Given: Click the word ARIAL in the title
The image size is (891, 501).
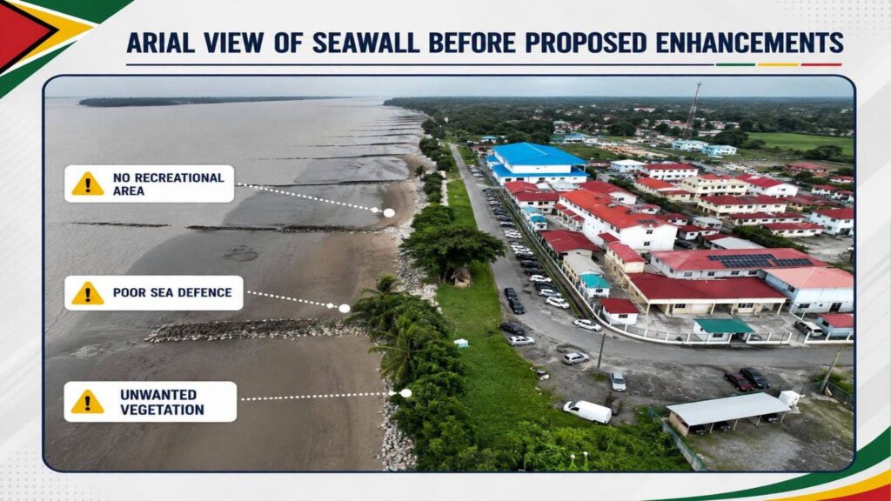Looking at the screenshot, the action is click(x=159, y=43).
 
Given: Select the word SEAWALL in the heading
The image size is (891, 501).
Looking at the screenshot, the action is click(x=365, y=43).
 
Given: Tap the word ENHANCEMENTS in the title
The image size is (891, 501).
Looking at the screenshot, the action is click(x=749, y=43).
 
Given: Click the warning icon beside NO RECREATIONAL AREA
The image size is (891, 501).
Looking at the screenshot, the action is click(x=88, y=184).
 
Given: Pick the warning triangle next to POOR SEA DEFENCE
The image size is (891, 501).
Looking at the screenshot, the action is click(x=88, y=293).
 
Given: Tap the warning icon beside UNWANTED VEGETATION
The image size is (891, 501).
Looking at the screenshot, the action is click(x=88, y=402).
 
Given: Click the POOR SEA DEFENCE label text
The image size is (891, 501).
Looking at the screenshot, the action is click(x=172, y=292).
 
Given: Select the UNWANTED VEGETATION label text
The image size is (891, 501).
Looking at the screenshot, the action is click(x=162, y=402).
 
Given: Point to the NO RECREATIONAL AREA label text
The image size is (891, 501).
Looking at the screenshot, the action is click(x=168, y=184).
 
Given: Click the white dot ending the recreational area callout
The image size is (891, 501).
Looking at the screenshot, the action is click(x=389, y=212).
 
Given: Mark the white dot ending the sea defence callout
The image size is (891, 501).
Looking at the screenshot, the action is click(x=345, y=309).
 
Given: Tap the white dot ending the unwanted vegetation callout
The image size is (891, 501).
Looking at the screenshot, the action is click(x=405, y=393).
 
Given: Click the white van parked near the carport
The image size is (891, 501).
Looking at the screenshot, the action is click(x=587, y=411).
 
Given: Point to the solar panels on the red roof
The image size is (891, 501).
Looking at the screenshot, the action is click(x=758, y=260).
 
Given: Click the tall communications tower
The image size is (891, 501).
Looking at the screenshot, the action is click(x=692, y=110).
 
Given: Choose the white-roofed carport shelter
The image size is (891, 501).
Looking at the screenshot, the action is click(x=728, y=412).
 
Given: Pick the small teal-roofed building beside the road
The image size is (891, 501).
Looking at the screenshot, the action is click(x=594, y=284).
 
